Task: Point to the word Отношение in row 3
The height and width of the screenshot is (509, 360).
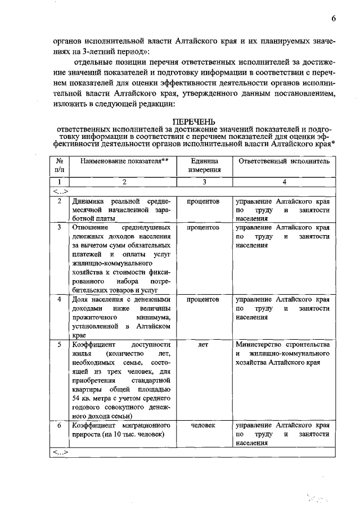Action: point(88,228)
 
